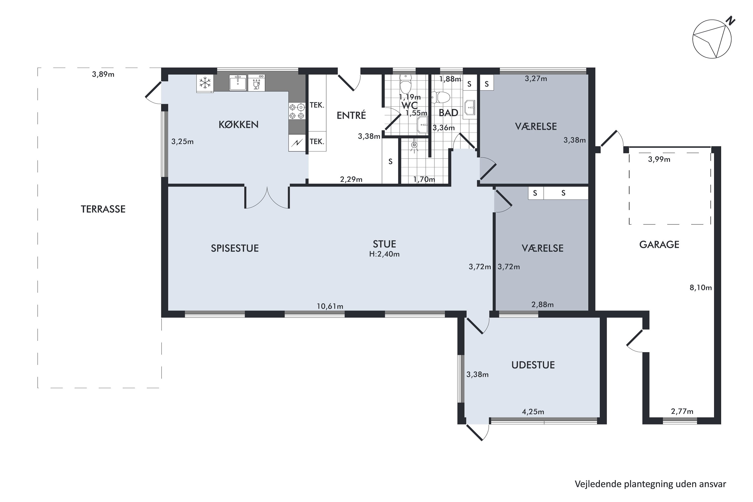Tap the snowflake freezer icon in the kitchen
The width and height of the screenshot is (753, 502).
tap(205, 83)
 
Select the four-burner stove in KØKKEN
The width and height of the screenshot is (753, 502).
tap(297, 111)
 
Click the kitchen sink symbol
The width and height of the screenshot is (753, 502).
tap(237, 83)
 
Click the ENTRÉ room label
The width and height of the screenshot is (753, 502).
tap(351, 115)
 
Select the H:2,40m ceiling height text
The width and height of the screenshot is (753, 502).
tap(384, 255)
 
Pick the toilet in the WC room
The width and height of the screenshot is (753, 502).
tap(406, 85)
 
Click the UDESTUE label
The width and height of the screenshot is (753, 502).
tap(533, 365)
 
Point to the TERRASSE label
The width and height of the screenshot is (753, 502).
tap(103, 209)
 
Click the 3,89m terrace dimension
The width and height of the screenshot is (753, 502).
tap(103, 75)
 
